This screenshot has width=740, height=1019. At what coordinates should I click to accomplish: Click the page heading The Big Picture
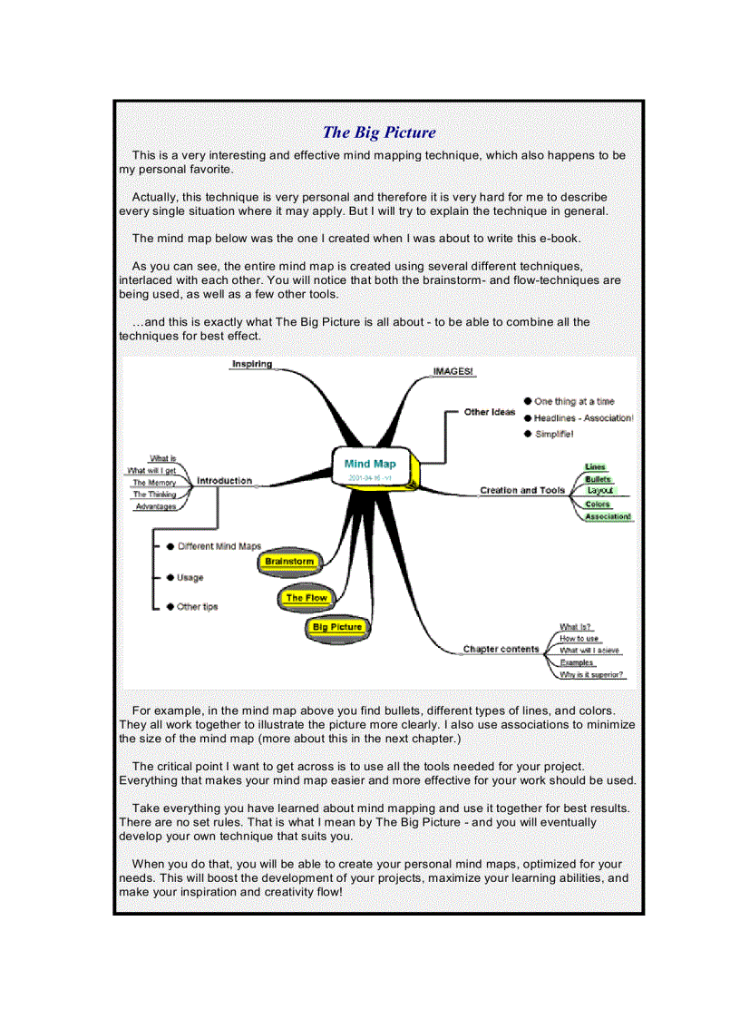[x=379, y=132]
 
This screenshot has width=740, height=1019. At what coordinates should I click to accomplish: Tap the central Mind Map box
[x=371, y=468]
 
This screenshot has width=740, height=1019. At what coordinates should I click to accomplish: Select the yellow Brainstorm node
[x=289, y=562]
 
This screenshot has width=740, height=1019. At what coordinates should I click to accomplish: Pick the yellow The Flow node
[x=307, y=598]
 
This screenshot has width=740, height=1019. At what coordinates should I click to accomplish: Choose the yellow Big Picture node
[x=336, y=627]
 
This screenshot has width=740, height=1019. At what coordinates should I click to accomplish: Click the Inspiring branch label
[x=251, y=364]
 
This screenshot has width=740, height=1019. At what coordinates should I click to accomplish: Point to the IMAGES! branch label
[x=453, y=372]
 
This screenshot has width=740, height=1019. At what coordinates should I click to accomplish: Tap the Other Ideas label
[x=490, y=412]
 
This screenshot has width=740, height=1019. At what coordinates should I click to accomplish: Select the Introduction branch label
[x=224, y=480]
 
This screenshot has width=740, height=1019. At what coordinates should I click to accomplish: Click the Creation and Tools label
[x=521, y=490]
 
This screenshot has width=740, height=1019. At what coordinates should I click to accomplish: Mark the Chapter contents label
[x=501, y=649]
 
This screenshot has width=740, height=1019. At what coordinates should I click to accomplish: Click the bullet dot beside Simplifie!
[x=528, y=435]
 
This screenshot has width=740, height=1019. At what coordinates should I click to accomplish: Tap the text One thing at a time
[x=574, y=401]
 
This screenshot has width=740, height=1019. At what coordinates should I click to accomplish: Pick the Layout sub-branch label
[x=599, y=490]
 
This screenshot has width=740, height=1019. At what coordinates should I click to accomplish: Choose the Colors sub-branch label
[x=598, y=504]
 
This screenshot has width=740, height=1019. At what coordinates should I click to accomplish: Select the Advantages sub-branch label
[x=155, y=506]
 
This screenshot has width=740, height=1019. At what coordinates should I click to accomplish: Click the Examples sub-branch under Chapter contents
[x=577, y=662]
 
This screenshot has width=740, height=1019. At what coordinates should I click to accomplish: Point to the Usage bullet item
[x=190, y=577]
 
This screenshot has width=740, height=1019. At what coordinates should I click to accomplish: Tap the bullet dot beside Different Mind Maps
[x=170, y=546]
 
